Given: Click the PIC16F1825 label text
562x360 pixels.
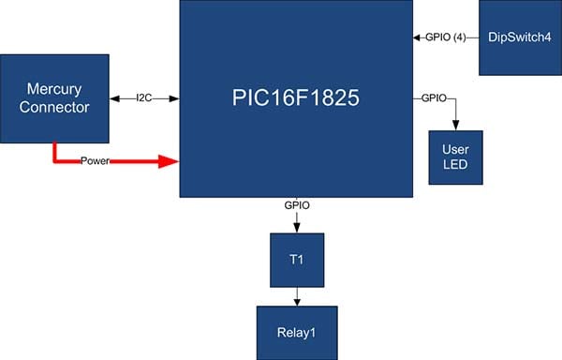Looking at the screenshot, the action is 296,97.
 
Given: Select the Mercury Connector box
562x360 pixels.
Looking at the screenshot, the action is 54,98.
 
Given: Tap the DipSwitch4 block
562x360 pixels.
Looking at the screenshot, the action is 520,37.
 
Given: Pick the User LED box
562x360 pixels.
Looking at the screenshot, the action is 455,157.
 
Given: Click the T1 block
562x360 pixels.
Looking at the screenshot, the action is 297,260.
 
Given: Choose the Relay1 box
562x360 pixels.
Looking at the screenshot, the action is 297,333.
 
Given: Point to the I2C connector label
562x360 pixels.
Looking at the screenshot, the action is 144,97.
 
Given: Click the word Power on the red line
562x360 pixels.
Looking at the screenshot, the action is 95,161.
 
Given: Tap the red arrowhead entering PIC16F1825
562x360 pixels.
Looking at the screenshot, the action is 169,161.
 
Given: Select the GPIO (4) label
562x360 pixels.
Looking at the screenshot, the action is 446,37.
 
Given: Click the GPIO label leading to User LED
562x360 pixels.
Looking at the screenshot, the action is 434,97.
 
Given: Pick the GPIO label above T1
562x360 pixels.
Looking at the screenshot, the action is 297,205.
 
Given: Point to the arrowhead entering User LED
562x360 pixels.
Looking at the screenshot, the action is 455,125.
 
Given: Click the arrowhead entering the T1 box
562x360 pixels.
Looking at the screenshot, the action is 297,228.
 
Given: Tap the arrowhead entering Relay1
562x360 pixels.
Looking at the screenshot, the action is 297,301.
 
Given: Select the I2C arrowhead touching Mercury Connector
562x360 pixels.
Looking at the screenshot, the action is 114,98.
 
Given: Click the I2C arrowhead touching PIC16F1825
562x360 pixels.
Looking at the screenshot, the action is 174,98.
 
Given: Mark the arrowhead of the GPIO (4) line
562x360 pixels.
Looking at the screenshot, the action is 417,37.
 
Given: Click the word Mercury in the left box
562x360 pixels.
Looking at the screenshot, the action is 54,89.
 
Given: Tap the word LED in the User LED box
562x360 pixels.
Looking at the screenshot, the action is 455,165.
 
